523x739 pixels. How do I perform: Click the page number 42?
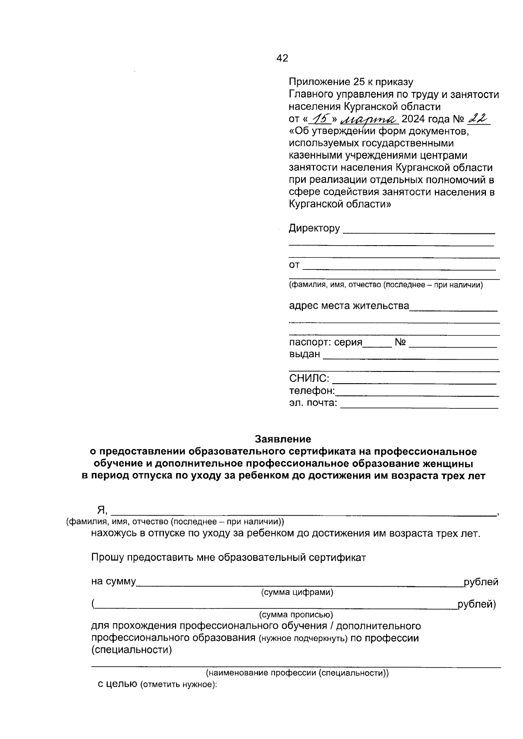pos(282,58)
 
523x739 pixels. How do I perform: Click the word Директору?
pos(314,228)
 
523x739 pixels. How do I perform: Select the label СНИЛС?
pos(309,378)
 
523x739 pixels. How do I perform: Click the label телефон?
pos(312,391)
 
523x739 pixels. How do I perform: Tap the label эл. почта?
pos(313,403)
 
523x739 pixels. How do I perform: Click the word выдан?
pos(304,354)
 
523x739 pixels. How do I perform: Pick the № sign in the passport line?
pos(400,343)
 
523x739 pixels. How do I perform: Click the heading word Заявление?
pos(283,439)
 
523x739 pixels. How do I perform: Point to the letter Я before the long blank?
pos(101,510)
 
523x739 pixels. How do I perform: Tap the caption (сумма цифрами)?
pos(297,593)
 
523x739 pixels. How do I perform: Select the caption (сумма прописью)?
pos(296,615)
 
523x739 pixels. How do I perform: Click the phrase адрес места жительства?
pos(349,306)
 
